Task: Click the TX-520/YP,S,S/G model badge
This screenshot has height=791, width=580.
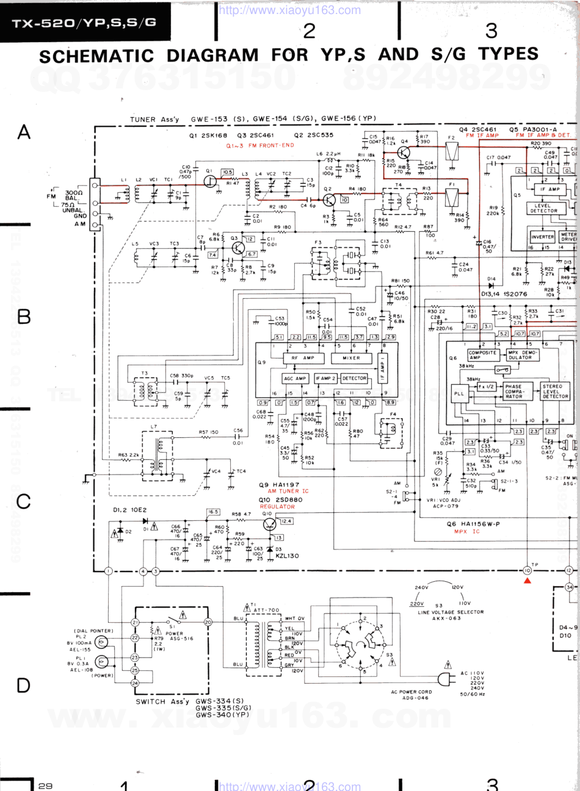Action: (84, 23)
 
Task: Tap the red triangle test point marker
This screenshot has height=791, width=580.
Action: (527, 581)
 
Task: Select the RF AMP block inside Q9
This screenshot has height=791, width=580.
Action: (302, 358)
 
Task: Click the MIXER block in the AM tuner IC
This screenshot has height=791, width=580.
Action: (351, 358)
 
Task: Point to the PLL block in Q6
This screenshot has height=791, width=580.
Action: (459, 393)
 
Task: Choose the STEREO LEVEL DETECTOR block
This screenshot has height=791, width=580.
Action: (555, 391)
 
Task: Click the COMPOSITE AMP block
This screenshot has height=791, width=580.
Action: (482, 355)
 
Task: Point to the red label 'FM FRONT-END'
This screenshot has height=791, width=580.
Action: (259, 146)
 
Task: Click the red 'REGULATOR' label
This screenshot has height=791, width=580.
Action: (277, 507)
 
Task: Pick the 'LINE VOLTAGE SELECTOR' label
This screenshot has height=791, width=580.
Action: (451, 612)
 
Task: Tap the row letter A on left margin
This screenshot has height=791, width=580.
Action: (24, 132)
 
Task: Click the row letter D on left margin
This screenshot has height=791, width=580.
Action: (23, 685)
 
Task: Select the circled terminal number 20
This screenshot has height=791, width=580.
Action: (208, 622)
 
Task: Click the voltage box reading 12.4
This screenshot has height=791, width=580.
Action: (286, 521)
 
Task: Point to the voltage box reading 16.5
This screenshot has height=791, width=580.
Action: (213, 512)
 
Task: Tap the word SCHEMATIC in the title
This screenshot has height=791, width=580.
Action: (96, 56)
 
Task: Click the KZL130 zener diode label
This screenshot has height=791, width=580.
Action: (287, 556)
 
